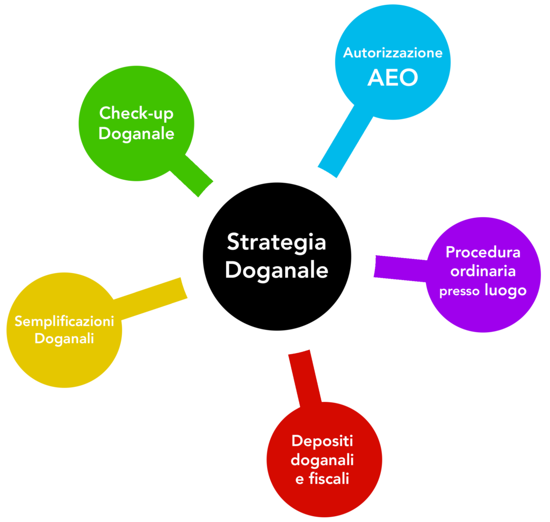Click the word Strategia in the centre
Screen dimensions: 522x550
276,242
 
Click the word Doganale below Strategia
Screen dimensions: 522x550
276,270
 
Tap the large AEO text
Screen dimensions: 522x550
393,78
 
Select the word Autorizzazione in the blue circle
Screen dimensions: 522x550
393,53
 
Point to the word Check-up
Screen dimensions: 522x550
136,113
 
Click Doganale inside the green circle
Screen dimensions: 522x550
136,134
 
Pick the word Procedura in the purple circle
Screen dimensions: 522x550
483,252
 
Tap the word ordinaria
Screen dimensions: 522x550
483,271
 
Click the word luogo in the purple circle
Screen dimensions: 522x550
505,291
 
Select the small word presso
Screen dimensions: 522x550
460,292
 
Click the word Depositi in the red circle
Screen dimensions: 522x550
322,441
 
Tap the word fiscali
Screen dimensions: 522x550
329,478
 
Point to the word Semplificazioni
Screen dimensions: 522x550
64,321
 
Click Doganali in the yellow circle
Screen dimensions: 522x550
64,339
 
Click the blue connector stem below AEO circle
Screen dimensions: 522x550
344,142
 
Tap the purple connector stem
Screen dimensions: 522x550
400,267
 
